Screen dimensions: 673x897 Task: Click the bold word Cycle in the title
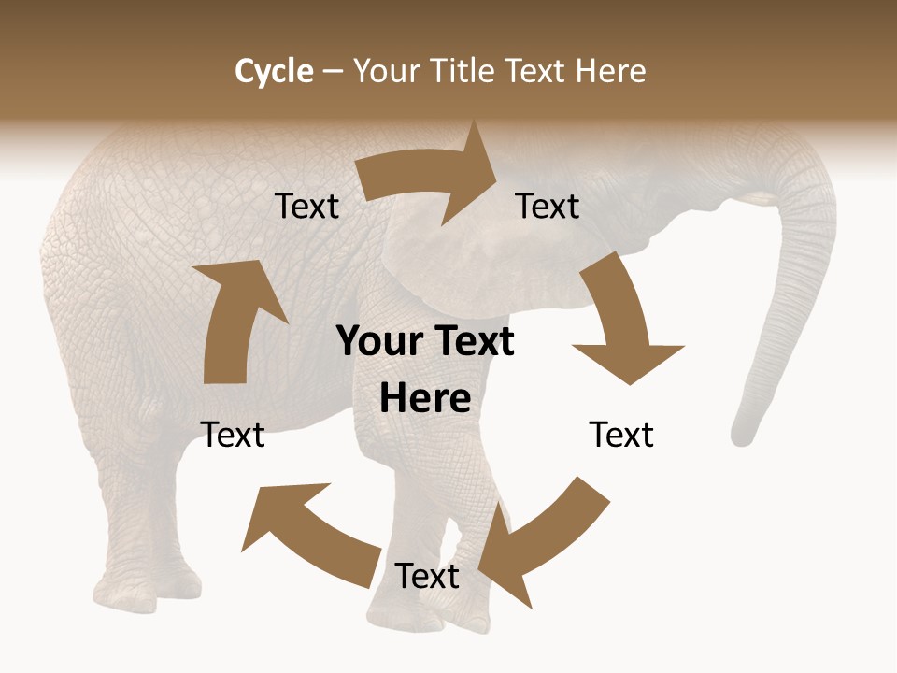(274, 71)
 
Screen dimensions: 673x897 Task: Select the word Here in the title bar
(611, 71)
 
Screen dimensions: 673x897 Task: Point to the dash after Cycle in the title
(333, 72)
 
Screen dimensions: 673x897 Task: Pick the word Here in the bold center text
(425, 398)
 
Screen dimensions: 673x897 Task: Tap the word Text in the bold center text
(474, 341)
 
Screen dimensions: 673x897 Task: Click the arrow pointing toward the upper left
(308, 528)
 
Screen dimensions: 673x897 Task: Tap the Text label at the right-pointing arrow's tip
(548, 206)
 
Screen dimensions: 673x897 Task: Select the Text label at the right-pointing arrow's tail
(306, 206)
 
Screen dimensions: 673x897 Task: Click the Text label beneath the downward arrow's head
(621, 435)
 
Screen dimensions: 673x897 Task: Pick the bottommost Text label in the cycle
(427, 576)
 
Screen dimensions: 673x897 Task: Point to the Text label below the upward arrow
(233, 435)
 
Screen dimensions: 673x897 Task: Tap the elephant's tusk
(752, 199)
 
